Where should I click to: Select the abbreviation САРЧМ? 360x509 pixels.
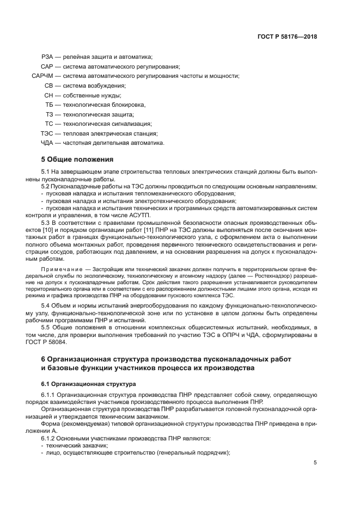[43, 76]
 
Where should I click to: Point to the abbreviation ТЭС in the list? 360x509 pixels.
[46, 133]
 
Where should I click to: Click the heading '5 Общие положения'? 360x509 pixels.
[77, 160]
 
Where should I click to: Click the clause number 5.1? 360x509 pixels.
[45, 172]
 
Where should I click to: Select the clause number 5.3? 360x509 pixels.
[45, 223]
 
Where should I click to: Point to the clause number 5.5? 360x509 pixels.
[45, 327]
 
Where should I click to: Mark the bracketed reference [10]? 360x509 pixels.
[51, 231]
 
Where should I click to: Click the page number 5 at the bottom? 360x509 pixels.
[315, 463]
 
